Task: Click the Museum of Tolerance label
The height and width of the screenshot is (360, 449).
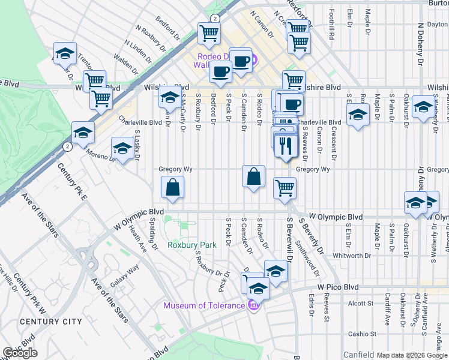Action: [204, 306]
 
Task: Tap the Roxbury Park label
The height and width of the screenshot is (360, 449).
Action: [192, 245]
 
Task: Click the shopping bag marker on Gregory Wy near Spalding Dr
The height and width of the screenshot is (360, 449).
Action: [172, 188]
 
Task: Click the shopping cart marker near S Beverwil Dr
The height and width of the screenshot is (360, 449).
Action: [285, 187]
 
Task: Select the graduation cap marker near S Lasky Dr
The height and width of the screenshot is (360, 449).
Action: [122, 148]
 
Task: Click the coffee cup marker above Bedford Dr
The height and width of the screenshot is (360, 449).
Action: [220, 72]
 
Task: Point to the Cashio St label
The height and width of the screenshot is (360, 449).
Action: [364, 334]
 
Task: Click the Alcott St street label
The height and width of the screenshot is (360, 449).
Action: [360, 304]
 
